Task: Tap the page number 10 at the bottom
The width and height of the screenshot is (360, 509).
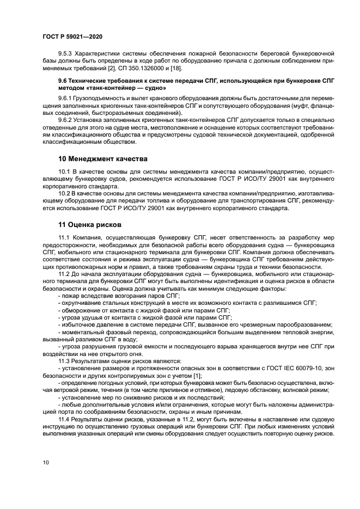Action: (x=46, y=462)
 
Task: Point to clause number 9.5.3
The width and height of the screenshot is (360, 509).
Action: (x=66, y=54)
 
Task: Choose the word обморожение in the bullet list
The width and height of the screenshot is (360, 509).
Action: (x=79, y=309)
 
